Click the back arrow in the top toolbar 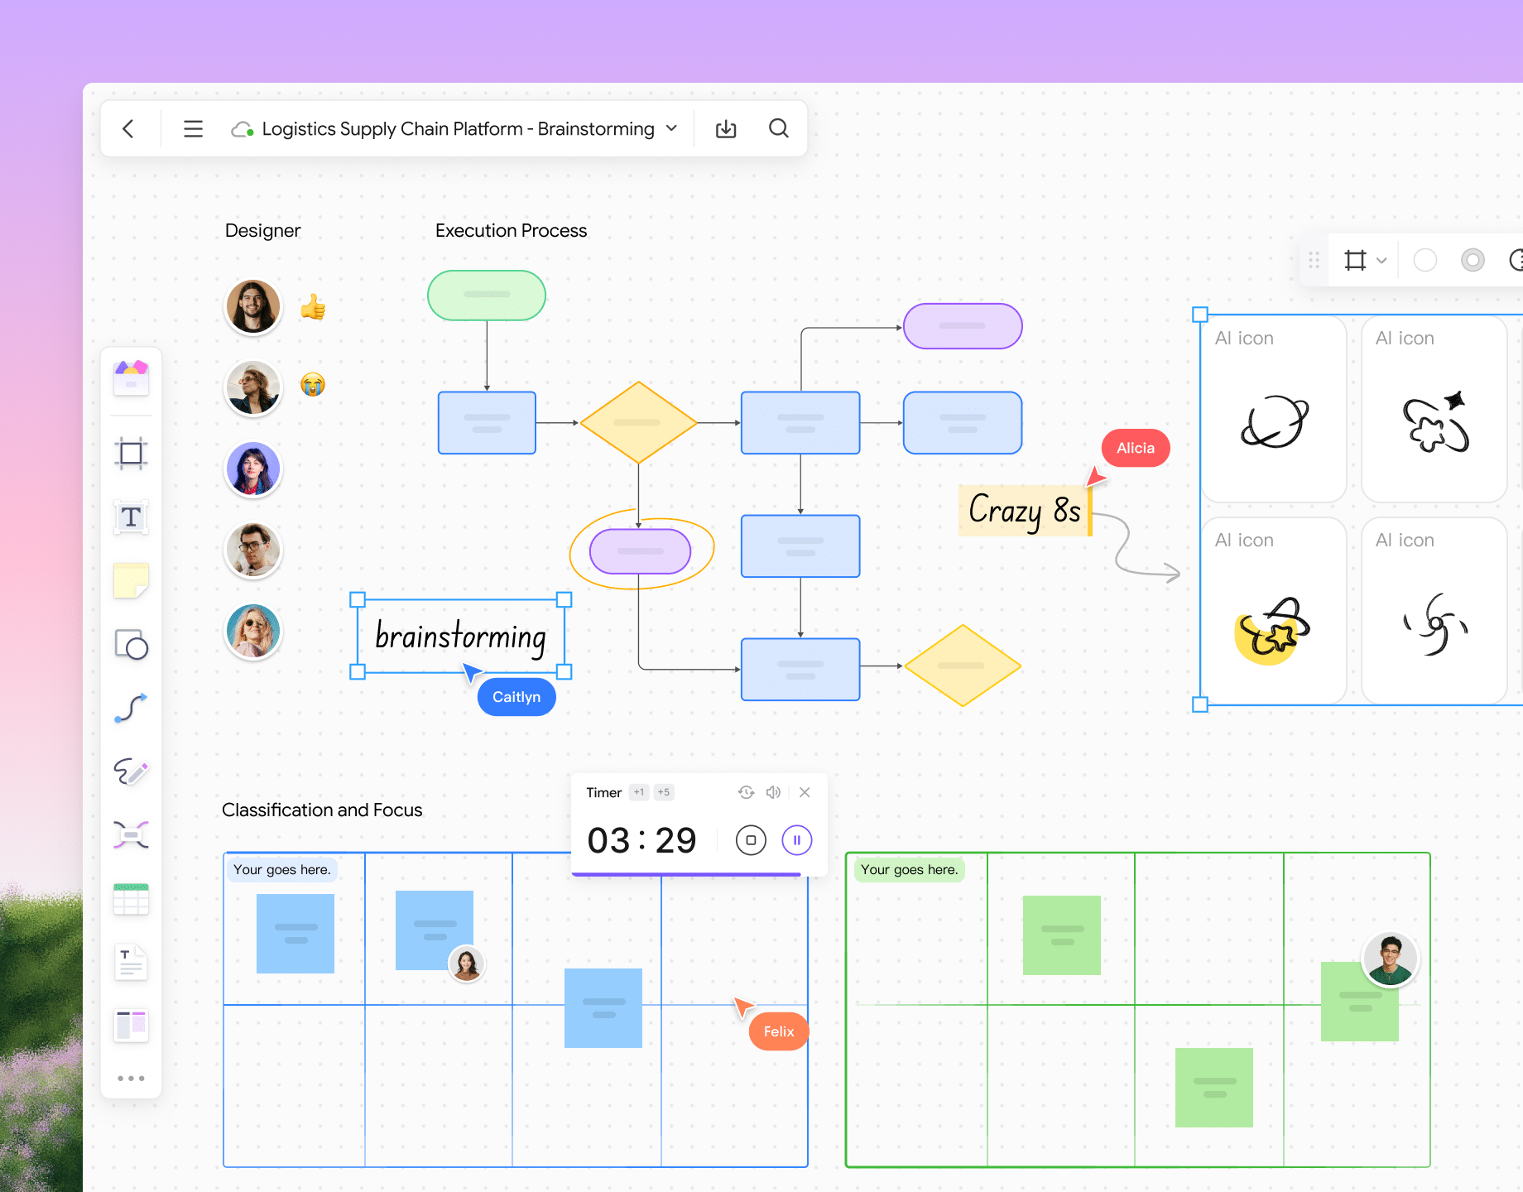(128, 128)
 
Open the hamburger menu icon (193, 128)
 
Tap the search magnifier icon (778, 128)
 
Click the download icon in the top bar (726, 128)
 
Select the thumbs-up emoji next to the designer (313, 307)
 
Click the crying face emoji (313, 385)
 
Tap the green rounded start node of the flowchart (487, 295)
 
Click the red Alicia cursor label (1136, 448)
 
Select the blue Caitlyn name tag (516, 697)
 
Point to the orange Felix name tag (778, 1031)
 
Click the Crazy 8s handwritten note (1025, 510)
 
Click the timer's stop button (751, 840)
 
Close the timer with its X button (805, 792)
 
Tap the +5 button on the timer (664, 792)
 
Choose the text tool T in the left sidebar (131, 517)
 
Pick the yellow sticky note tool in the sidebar (131, 580)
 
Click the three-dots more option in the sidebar (131, 1078)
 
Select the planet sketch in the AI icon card (1275, 422)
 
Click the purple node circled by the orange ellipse (640, 551)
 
